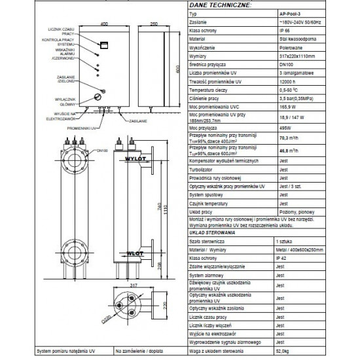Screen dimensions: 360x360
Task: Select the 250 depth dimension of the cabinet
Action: [154, 24]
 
